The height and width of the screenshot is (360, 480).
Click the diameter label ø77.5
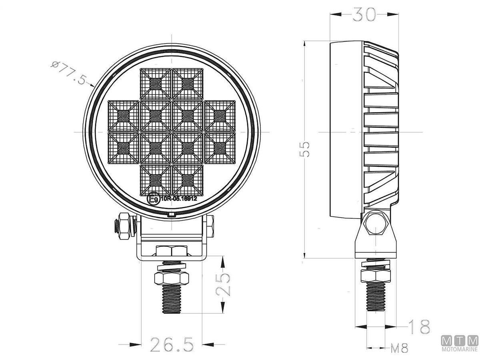coord(69,73)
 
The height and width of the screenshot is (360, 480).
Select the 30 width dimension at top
coord(364,14)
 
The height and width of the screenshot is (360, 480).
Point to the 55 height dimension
coord(304,150)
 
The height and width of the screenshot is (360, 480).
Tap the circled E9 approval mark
coord(153,199)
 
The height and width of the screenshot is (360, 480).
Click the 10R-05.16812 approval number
coord(179,198)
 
